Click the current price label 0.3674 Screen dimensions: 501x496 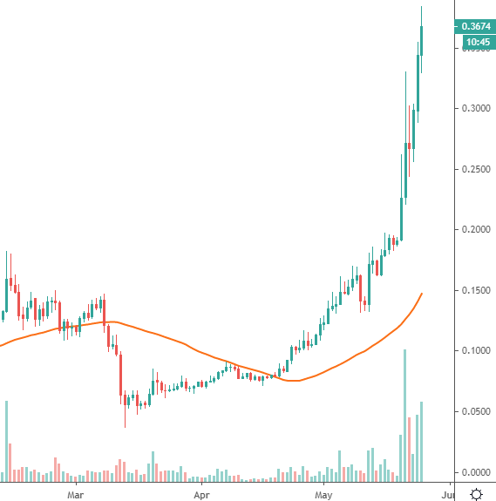coord(475,27)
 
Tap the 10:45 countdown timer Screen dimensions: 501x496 coord(475,42)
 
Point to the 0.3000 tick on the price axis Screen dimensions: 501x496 coord(475,108)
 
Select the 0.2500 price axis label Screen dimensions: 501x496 coord(475,169)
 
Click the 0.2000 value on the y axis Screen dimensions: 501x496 coord(475,229)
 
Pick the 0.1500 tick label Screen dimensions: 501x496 coord(475,290)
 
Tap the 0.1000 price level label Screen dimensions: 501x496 coord(475,350)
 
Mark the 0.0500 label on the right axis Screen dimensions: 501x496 coord(475,411)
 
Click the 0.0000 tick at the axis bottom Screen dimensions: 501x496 coord(475,471)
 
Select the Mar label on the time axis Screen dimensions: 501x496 coord(76,494)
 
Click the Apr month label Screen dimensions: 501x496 coord(201,494)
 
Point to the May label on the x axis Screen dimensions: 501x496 coord(324,494)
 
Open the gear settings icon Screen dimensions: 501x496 coord(477,494)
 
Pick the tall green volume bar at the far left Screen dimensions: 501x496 coord(6,441)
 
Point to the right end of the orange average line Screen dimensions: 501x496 coord(422,294)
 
